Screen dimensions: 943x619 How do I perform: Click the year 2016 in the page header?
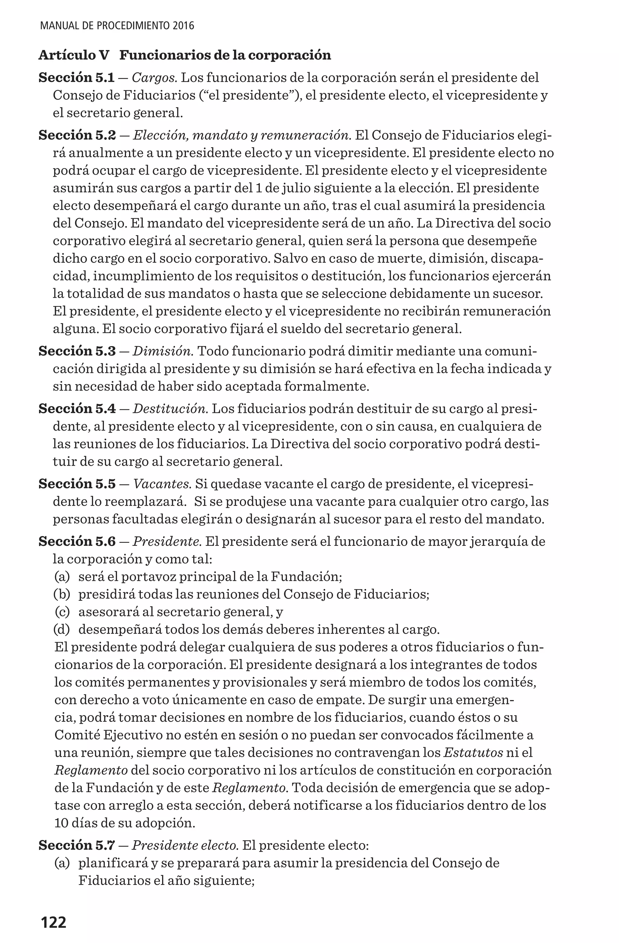point(183,26)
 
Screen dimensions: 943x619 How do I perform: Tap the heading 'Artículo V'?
point(74,55)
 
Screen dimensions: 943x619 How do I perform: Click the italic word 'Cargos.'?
point(154,78)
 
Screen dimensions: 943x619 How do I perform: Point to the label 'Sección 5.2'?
point(77,135)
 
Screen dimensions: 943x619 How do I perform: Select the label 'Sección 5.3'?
point(77,351)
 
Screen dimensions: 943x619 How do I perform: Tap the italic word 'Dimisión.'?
point(163,351)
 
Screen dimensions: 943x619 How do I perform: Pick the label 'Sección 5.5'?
point(77,484)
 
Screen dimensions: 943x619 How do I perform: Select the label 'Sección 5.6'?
point(77,541)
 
